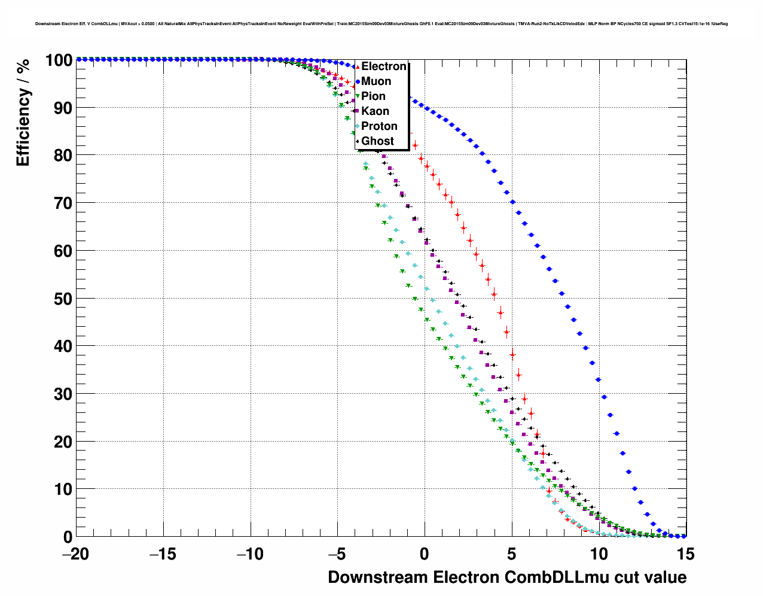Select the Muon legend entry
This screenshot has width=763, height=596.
pos(376,81)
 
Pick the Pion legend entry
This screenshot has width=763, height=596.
pos(373,96)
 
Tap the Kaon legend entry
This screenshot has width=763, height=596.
pos(375,111)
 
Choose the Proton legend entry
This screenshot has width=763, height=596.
pos(379,126)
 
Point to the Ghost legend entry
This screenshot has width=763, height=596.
pos(377,141)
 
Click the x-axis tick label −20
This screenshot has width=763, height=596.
pos(75,554)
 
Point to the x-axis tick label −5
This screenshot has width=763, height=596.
pos(337,554)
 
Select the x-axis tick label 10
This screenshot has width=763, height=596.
pos(599,554)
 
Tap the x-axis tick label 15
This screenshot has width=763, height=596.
pos(686,554)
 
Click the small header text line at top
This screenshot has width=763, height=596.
pos(381,24)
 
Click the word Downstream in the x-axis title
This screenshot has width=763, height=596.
pos(377,577)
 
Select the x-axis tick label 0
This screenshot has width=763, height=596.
pos(425,554)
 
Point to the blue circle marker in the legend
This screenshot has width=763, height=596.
pos(358,81)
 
